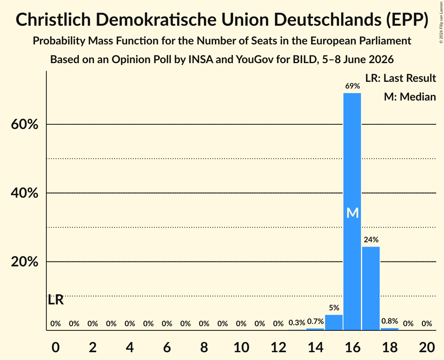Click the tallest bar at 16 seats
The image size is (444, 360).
click(x=352, y=212)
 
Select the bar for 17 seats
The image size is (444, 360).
click(x=371, y=288)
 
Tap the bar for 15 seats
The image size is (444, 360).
click(x=334, y=322)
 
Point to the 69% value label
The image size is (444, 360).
click(x=352, y=86)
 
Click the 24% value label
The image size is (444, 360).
click(x=371, y=240)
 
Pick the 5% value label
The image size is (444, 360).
click(x=334, y=308)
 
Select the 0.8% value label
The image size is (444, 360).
click(x=390, y=321)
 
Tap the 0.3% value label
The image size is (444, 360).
click(x=297, y=322)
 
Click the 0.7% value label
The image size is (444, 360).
click(x=315, y=321)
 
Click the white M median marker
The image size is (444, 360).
click(x=352, y=213)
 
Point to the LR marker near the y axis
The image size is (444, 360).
click(x=56, y=300)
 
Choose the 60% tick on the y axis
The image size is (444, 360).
click(x=24, y=124)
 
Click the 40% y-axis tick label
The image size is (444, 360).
click(x=24, y=193)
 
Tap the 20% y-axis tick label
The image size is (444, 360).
click(x=24, y=262)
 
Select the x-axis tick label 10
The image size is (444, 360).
click(x=241, y=347)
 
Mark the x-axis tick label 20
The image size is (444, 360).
click(x=427, y=347)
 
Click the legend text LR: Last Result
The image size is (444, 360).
click(x=400, y=78)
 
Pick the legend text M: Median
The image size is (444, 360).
click(x=410, y=97)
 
